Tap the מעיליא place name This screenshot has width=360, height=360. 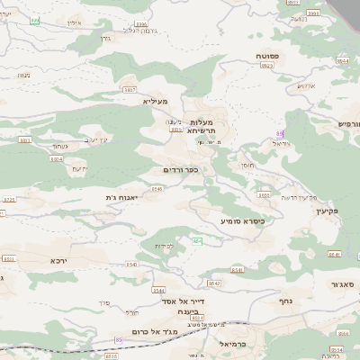pyautogui.click(x=156, y=102)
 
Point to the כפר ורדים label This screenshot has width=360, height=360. pyautogui.click(x=180, y=168)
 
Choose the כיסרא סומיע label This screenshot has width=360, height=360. pyautogui.click(x=241, y=219)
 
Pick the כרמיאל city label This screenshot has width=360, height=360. pyautogui.click(x=232, y=343)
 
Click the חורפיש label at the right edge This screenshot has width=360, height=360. pyautogui.click(x=349, y=123)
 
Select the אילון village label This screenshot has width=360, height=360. pyautogui.click(x=74, y=22)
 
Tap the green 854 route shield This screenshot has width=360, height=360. pyautogui.click(x=196, y=241)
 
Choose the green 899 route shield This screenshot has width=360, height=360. pyautogui.click(x=35, y=20)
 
